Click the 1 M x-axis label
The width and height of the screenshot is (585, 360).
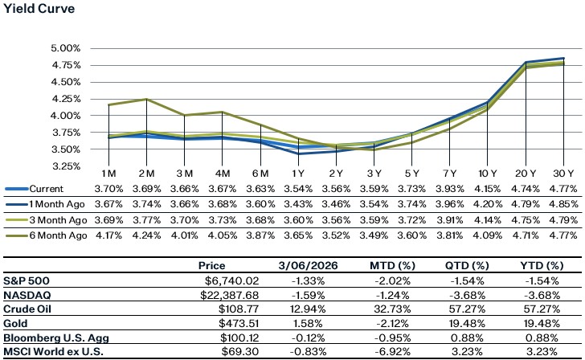[108, 174]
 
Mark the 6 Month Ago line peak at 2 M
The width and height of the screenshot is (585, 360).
[145, 100]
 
